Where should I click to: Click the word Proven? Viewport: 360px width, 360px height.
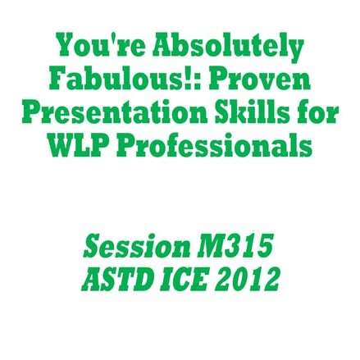point(256,80)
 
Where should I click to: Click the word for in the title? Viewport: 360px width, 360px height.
point(318,113)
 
